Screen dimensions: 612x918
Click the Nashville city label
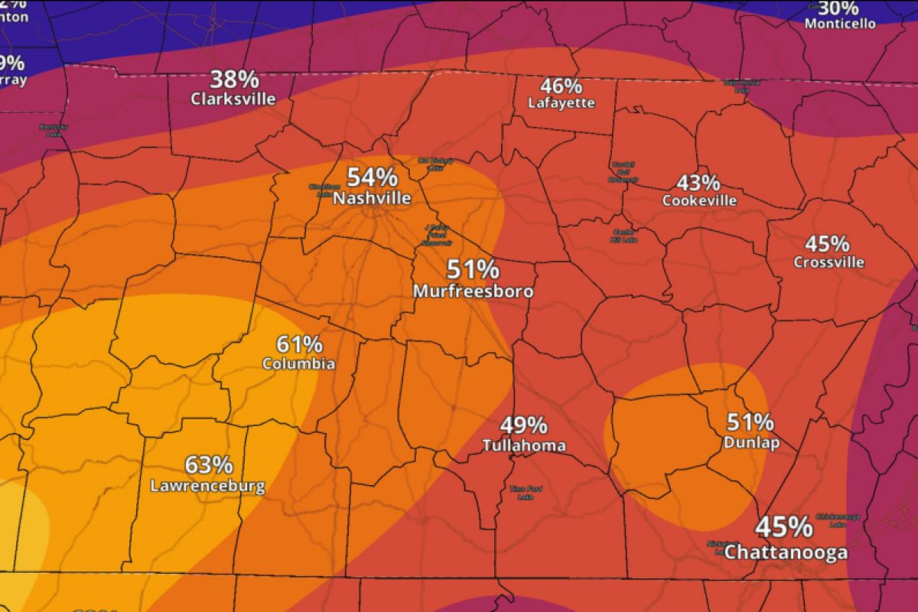point(372,199)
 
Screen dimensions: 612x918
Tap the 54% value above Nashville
point(372,177)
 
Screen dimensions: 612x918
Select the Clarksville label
point(233,99)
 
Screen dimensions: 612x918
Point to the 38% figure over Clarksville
point(235,79)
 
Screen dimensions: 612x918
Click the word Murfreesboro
point(473,291)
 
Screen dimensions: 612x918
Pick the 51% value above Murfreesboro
point(474,269)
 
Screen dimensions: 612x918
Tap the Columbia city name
point(298,364)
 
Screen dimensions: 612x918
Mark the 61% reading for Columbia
point(298,343)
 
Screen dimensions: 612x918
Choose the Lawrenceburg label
point(207,486)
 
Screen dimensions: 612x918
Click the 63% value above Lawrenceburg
point(208,464)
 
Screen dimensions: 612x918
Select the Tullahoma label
point(524,446)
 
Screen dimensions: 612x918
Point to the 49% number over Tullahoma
point(524,425)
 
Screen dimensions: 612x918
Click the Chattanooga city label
point(786,552)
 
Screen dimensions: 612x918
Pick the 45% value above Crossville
point(827,244)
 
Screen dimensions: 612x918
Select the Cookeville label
point(699,201)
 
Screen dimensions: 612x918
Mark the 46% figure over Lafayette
point(562,86)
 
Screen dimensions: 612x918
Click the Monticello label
point(840,24)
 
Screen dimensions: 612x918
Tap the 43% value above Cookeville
point(698,183)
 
